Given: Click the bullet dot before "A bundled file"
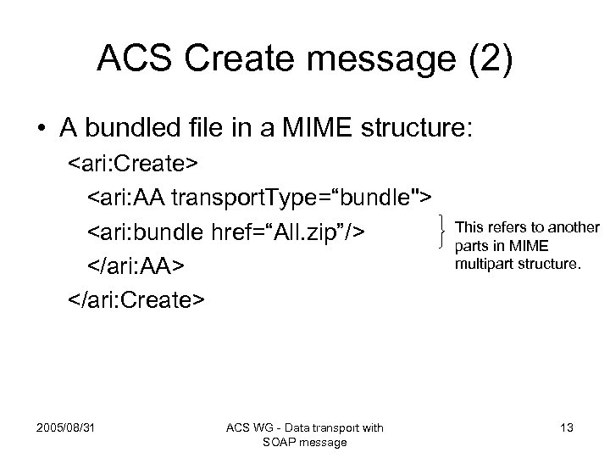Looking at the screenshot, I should pyautogui.click(x=40, y=130).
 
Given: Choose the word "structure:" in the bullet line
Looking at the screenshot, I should pyautogui.click(x=448, y=130).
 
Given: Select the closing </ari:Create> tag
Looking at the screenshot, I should pyautogui.click(x=136, y=299).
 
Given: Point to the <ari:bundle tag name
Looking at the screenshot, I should pyautogui.click(x=149, y=232).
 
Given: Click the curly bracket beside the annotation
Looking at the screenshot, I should pyautogui.click(x=446, y=230).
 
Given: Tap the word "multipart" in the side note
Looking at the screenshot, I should pyautogui.click(x=484, y=263).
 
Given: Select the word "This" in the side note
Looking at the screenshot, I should pyautogui.click(x=471, y=227).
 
